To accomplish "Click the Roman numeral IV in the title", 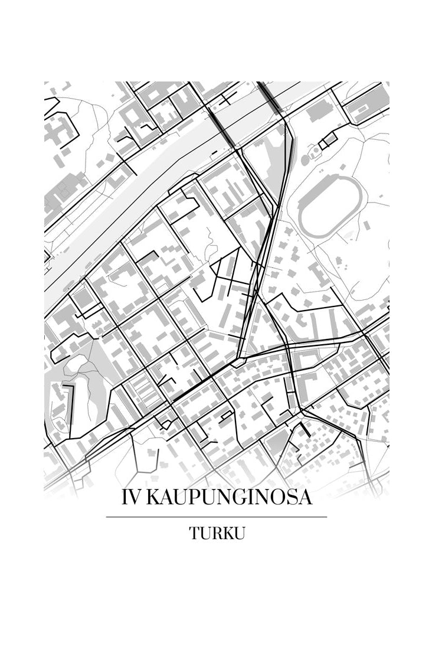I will [131, 498].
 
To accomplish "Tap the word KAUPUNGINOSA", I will [229, 498].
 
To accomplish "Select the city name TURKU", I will [217, 533].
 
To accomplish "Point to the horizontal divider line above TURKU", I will [216, 517].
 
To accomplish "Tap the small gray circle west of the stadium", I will [305, 160].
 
